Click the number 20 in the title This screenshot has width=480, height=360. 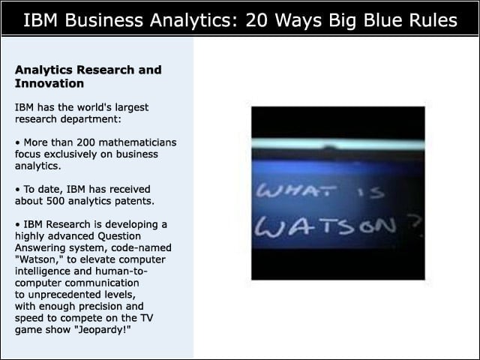coord(256,20)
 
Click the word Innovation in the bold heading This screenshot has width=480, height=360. coord(49,83)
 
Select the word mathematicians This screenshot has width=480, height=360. coord(138,142)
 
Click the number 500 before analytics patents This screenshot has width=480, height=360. coord(55,201)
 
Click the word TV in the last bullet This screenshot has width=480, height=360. coord(146,318)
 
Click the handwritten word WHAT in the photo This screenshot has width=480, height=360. coord(296,191)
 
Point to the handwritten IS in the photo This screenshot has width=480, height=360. coord(370,193)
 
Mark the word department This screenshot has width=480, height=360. coord(91,119)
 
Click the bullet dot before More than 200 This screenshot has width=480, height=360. coord(18,143)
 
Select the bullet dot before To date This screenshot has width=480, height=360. coord(18,190)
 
